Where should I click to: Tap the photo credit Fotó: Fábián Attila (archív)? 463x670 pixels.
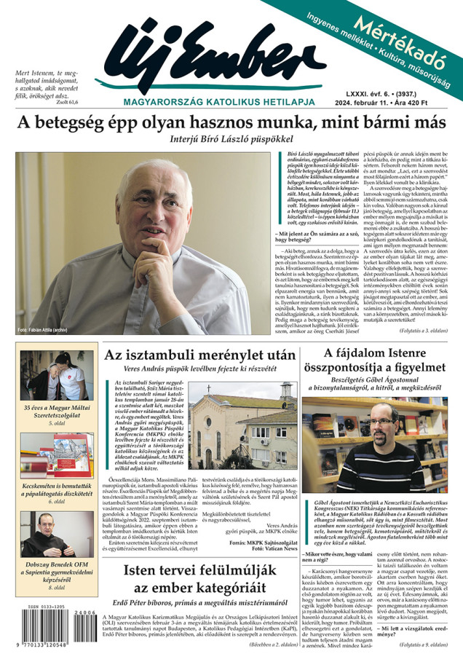point(43,330)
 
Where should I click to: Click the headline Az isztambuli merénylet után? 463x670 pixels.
point(200,355)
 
